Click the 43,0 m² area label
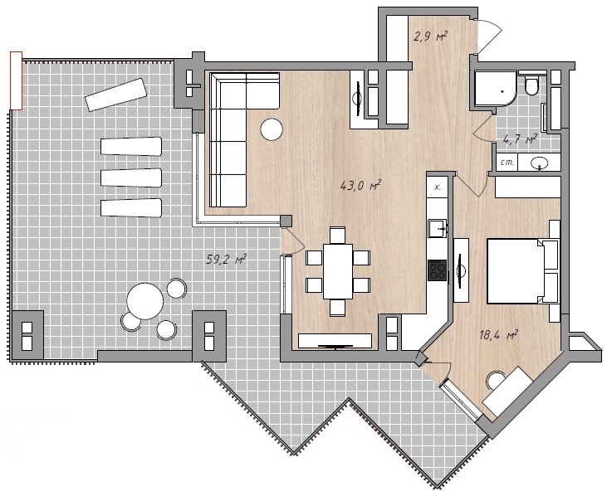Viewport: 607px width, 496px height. point(360,186)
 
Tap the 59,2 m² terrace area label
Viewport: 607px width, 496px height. point(227,259)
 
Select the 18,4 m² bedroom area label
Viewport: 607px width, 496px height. point(498,335)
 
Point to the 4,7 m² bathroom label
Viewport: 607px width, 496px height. point(520,139)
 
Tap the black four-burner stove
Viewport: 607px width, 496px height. point(438,270)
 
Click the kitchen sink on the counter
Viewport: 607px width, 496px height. point(438,228)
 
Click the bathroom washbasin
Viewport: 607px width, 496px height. point(539,163)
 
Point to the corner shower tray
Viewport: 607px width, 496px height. point(496,89)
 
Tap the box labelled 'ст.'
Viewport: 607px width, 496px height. point(507,163)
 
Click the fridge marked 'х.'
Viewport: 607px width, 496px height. point(437,188)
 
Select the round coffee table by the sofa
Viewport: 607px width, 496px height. point(272,129)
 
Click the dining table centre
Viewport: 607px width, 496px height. point(338,271)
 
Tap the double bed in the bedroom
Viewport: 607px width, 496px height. point(522,271)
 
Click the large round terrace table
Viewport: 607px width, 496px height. point(145,301)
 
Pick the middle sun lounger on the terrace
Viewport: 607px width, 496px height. point(131,177)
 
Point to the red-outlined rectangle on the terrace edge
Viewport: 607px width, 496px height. point(17,80)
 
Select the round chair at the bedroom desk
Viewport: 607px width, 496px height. point(497,380)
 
